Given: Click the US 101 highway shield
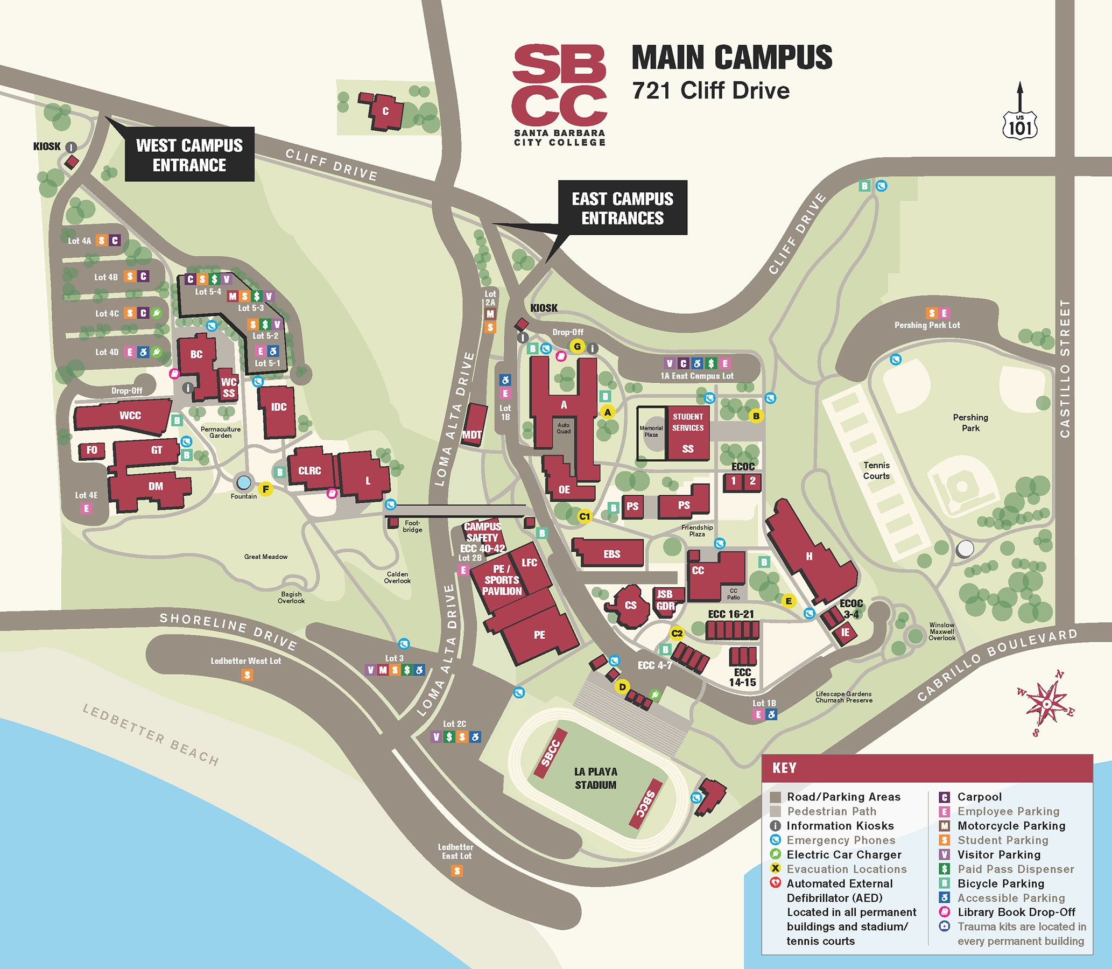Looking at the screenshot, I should pyautogui.click(x=1020, y=125).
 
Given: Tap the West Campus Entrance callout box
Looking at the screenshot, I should pyautogui.click(x=189, y=155).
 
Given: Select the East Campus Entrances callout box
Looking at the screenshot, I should pyautogui.click(x=622, y=208).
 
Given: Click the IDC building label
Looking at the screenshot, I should pyautogui.click(x=278, y=407).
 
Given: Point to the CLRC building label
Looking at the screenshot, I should pyautogui.click(x=309, y=471).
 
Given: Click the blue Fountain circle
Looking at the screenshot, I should pyautogui.click(x=244, y=482).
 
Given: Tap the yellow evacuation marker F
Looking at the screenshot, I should pyautogui.click(x=265, y=489).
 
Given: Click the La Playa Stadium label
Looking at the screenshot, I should pyautogui.click(x=595, y=778).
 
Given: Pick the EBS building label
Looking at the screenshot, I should pyautogui.click(x=611, y=554).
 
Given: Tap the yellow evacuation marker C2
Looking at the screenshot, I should pyautogui.click(x=677, y=633).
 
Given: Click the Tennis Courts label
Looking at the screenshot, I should pyautogui.click(x=876, y=471).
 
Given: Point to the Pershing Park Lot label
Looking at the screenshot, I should pyautogui.click(x=927, y=325).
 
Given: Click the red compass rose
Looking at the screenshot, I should pyautogui.click(x=1046, y=704).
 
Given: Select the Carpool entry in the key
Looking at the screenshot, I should pyautogui.click(x=979, y=797).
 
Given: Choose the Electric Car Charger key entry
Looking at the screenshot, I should pyautogui.click(x=843, y=854).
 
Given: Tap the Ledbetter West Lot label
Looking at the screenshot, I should pyautogui.click(x=245, y=661).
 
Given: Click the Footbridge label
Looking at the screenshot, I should pyautogui.click(x=412, y=526).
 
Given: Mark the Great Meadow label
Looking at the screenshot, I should pyautogui.click(x=265, y=557).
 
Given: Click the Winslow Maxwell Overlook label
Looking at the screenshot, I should pyautogui.click(x=942, y=631).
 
